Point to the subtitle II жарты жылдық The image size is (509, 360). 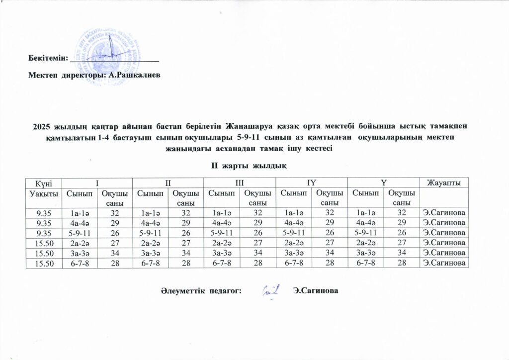(x=247, y=164)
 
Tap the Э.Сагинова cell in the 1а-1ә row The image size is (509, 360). (x=444, y=212)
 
